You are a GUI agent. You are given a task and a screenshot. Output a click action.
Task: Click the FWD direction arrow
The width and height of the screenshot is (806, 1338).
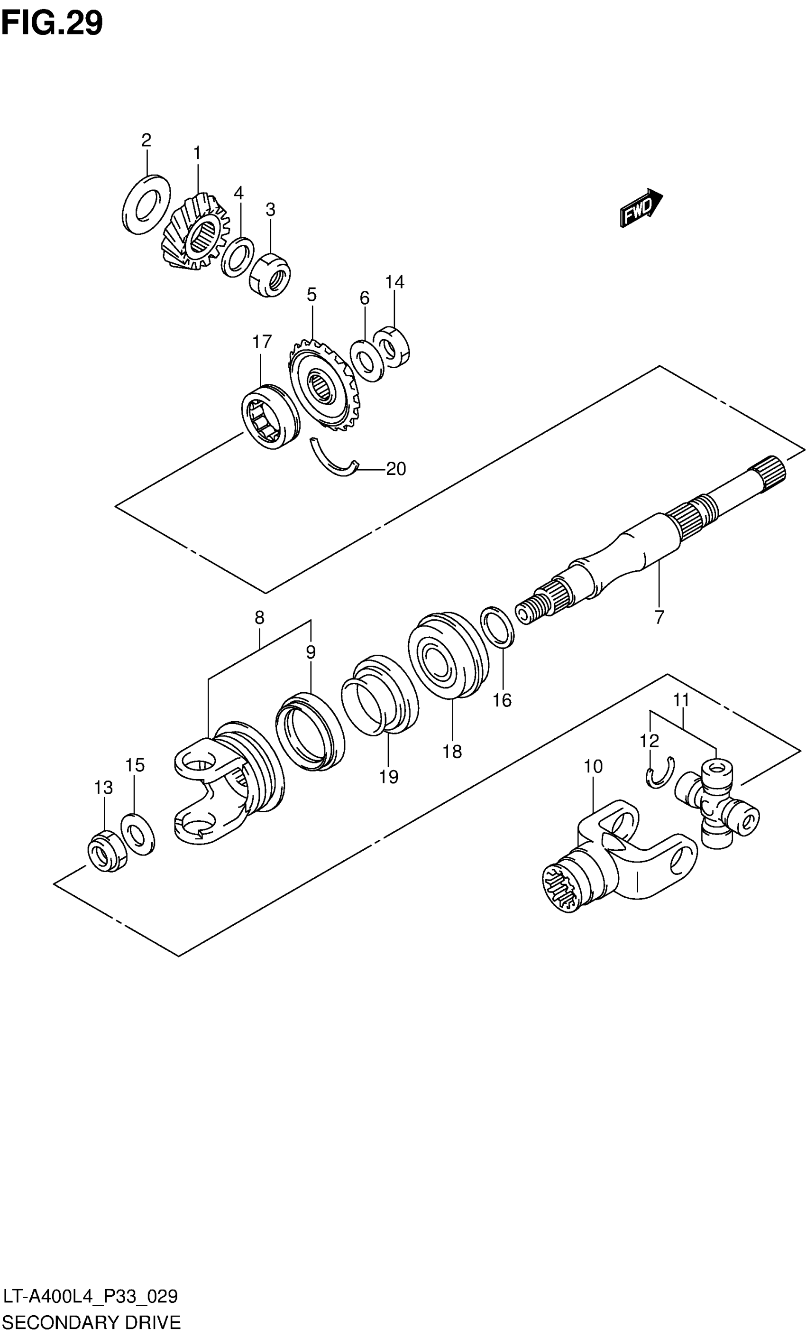[x=641, y=208]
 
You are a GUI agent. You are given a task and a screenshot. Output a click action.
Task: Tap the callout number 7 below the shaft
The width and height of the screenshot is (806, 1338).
[x=659, y=617]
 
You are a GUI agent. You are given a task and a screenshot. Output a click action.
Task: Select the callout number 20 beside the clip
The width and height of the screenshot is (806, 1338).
[x=396, y=469]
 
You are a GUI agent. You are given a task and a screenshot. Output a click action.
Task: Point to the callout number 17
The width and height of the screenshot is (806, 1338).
[x=262, y=342]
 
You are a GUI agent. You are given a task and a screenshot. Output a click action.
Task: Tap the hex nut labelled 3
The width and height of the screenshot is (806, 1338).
[x=270, y=275]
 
